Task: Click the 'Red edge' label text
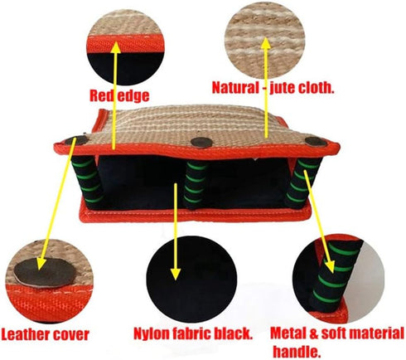[119, 95]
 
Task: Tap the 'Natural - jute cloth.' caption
[273, 88]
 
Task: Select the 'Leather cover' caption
[45, 334]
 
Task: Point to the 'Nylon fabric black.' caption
[193, 333]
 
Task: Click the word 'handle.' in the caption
[297, 352]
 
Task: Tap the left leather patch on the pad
[75, 141]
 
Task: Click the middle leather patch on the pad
[202, 142]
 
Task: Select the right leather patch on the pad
[316, 142]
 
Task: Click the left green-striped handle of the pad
[88, 181]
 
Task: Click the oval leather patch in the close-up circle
[46, 272]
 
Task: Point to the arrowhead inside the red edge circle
[116, 48]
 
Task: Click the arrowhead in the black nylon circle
[175, 274]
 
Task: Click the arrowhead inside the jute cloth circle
[266, 44]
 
